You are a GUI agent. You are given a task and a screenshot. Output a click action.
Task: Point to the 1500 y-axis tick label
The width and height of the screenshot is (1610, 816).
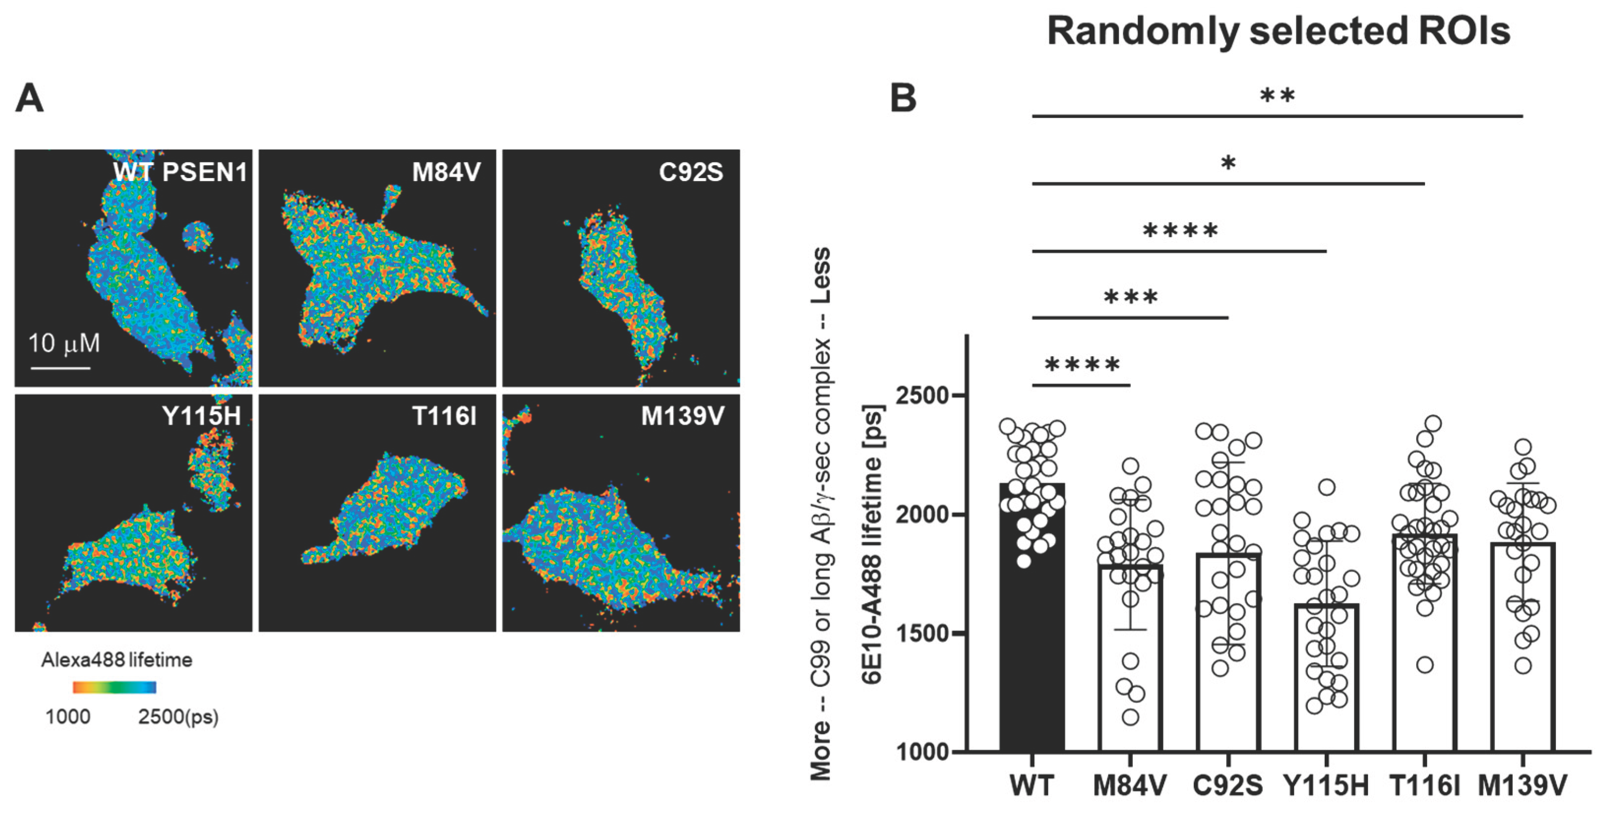(922, 633)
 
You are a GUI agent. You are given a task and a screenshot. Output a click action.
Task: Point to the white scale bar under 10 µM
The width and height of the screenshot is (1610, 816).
(60, 368)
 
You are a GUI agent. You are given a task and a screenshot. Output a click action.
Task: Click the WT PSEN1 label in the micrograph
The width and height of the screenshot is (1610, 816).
(180, 172)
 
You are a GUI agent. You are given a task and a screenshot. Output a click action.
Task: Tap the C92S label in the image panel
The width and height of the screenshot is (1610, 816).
(690, 172)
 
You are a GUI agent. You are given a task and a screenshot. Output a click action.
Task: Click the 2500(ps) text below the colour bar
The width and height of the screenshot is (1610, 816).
(178, 717)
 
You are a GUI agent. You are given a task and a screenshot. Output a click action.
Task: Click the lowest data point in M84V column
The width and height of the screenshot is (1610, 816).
(1130, 717)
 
